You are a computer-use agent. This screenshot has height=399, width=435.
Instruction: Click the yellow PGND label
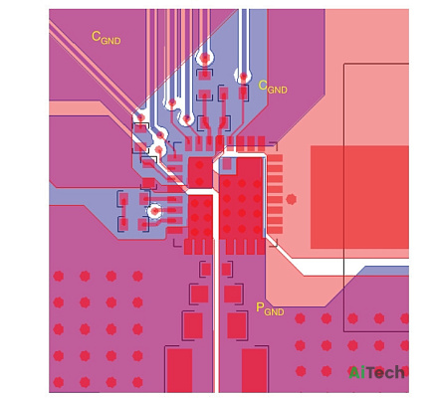270,309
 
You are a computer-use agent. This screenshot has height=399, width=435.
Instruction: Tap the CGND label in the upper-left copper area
106,38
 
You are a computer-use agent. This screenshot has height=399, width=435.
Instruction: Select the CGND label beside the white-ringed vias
273,87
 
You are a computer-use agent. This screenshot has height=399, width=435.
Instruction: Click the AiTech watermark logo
376,372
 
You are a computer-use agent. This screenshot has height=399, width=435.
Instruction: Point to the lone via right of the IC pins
291,199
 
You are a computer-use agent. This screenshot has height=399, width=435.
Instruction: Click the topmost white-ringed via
205,59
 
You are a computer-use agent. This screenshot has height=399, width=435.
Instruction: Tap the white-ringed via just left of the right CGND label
243,77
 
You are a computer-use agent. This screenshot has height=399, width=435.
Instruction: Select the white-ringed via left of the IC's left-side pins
154,211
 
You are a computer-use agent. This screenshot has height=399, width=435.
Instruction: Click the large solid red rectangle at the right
359,197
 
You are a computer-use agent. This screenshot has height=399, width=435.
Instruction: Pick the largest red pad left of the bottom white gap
179,370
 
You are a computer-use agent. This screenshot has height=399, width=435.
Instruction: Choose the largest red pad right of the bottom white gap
254,370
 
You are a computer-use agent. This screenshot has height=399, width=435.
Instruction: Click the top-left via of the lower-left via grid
59,276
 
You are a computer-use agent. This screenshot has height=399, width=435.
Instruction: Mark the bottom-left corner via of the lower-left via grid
59,382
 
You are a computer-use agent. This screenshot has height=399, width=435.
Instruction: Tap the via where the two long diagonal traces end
140,117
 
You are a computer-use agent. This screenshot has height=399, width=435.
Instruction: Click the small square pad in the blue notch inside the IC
227,164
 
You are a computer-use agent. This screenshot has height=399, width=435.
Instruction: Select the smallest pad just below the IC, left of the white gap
206,269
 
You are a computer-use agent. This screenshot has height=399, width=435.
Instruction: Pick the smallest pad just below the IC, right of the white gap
227,269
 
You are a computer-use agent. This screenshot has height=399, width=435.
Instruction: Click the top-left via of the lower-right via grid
300,318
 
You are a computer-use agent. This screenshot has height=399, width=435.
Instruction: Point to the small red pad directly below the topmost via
205,75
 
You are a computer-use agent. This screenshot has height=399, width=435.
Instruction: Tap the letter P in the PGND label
260,307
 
